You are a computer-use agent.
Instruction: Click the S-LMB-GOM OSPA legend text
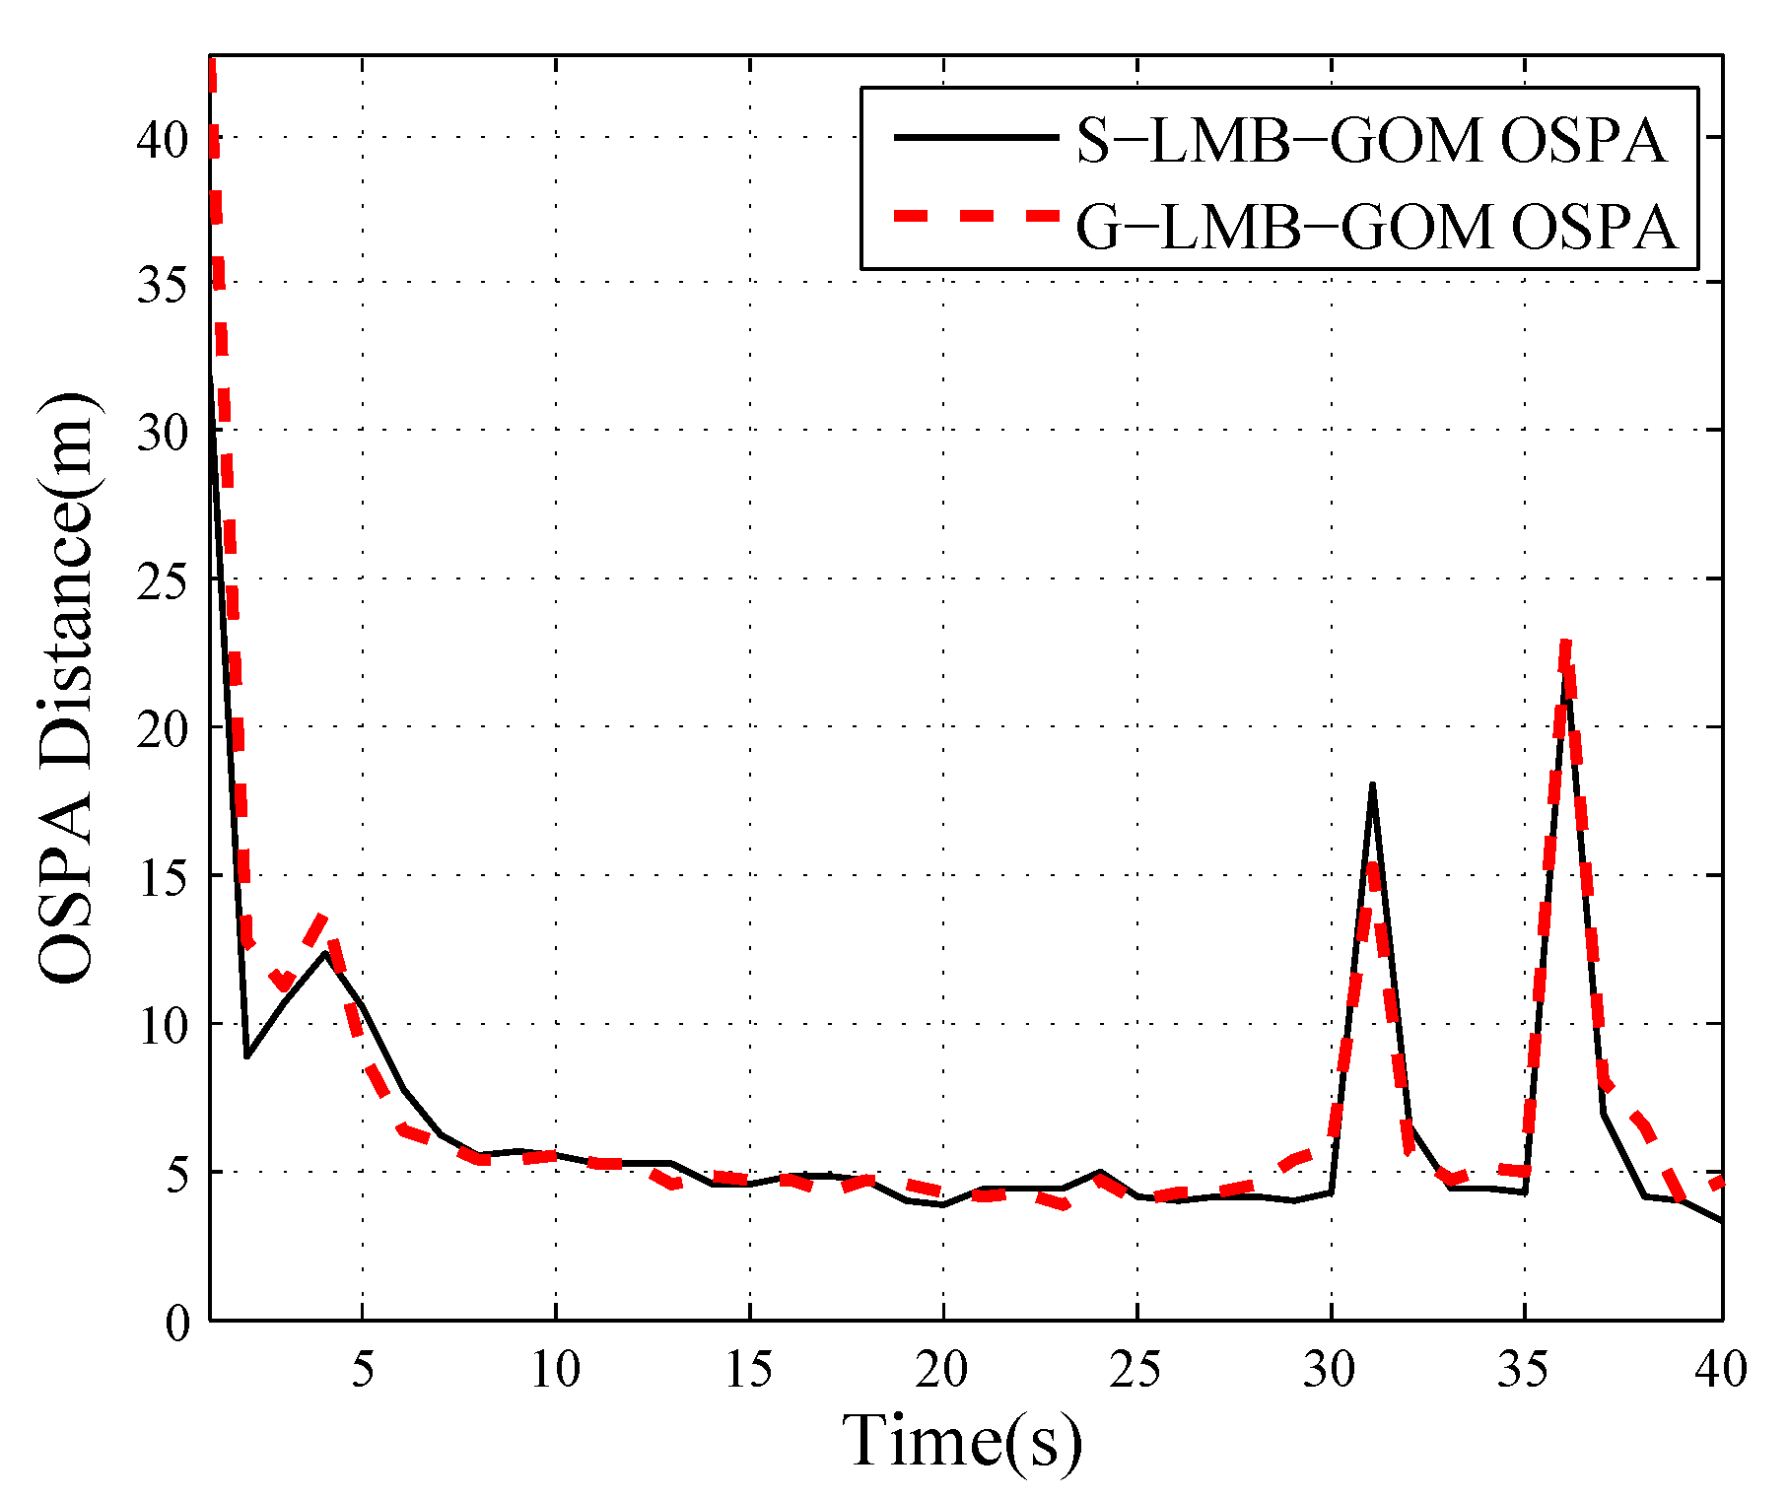coord(1370,141)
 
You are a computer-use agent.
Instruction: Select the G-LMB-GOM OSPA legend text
coord(1376,228)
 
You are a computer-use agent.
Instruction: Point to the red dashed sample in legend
coord(974,217)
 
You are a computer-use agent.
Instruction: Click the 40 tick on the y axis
coord(163,139)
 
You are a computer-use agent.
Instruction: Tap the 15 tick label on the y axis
coord(163,877)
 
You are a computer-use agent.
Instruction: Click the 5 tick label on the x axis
coord(363,1370)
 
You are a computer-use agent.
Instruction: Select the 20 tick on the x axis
coord(942,1370)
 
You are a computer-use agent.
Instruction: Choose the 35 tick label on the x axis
coord(1524,1370)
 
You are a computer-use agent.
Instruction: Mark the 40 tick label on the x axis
coord(1721,1370)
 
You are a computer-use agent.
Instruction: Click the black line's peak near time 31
coord(1371,785)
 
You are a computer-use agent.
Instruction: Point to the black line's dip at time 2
coord(246,1056)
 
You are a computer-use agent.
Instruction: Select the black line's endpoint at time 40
coord(1721,1222)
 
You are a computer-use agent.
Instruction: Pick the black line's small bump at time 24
coord(1100,1172)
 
